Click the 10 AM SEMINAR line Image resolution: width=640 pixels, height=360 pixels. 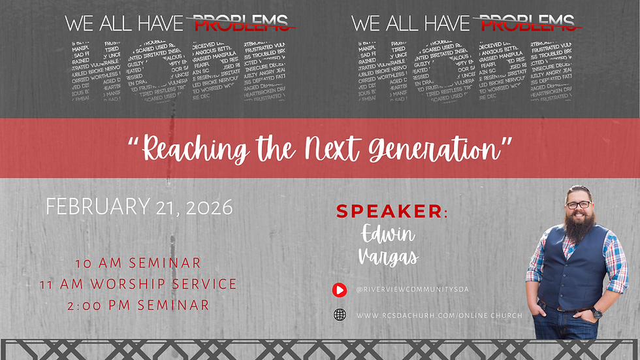138,263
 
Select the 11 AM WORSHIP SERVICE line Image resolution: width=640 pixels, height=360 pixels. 155,284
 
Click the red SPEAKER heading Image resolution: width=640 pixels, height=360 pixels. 391,211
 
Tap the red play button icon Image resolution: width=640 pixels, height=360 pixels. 340,289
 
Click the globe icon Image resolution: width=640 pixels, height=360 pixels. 340,315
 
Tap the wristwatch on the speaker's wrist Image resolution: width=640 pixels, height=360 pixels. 597,313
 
